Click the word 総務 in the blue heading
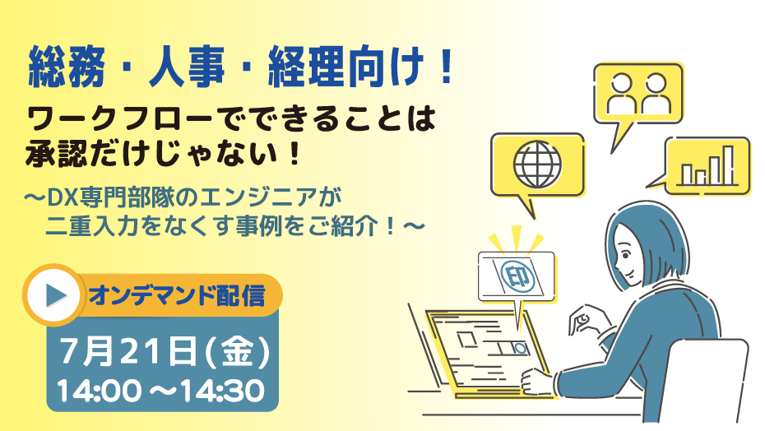67,67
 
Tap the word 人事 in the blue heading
187,67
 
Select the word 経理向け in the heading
345,67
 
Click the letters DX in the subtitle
59,197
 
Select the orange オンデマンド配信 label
177,295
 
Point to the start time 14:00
99,391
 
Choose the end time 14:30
222,391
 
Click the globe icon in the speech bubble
537,165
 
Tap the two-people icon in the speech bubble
638,94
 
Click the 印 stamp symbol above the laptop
517,276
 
